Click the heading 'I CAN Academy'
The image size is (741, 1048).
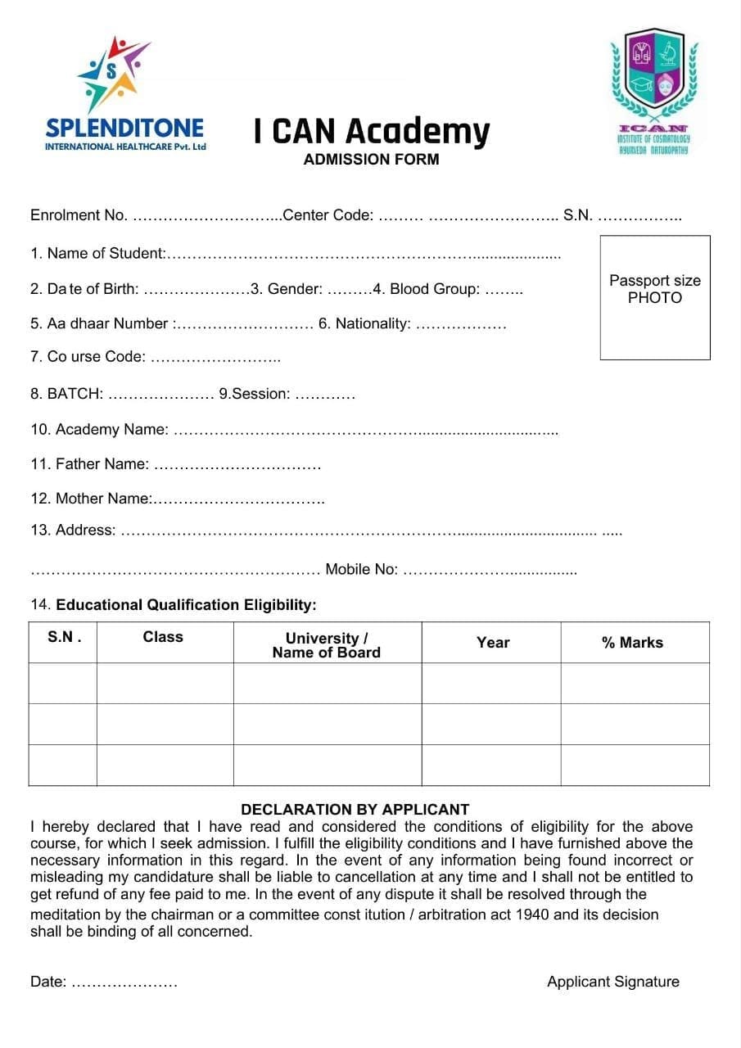[371, 131]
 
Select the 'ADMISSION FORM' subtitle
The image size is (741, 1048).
[371, 160]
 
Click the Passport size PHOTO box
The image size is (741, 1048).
[654, 297]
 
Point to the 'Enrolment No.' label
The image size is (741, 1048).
[79, 215]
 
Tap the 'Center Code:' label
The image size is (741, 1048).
[328, 215]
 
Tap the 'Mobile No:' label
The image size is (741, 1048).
[361, 570]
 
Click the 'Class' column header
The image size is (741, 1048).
[163, 637]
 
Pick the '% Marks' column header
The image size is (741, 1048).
[632, 643]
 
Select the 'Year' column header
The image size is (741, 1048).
[493, 643]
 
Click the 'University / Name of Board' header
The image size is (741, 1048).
[326, 645]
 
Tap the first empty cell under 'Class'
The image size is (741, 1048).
[165, 683]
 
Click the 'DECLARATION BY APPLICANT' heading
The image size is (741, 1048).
[355, 810]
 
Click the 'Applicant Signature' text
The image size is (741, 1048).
[612, 982]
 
